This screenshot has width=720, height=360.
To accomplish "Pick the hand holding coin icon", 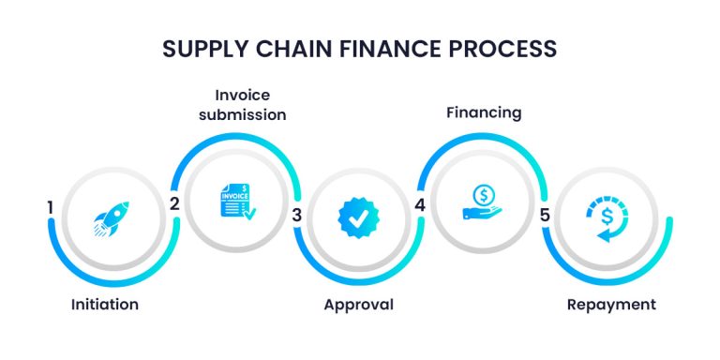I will [483, 201].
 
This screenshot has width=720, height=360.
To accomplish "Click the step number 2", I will [174, 203].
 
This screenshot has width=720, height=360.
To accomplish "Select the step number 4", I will [420, 203].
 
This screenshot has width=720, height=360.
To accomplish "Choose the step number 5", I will [544, 216].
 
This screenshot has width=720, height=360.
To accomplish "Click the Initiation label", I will [105, 305].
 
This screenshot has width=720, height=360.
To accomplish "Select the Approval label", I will [358, 305].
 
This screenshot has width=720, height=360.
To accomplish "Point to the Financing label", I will [482, 113].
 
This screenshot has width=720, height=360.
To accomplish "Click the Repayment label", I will [612, 305].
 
